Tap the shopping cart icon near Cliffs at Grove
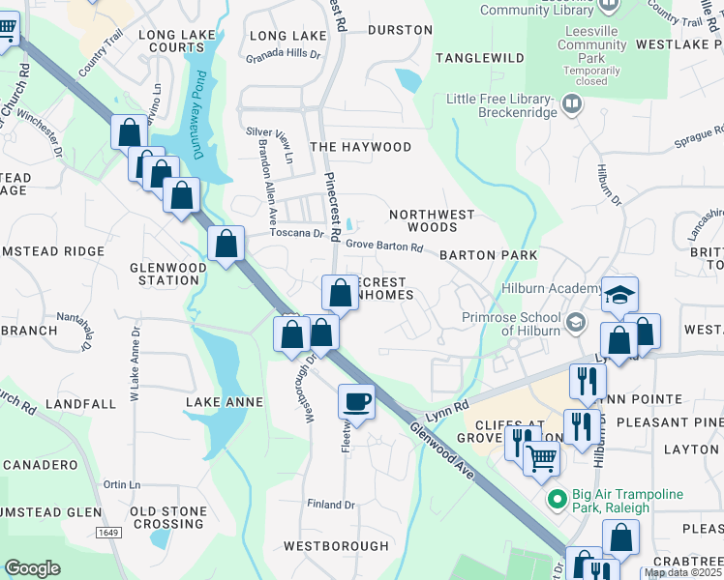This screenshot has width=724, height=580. coord(541,457)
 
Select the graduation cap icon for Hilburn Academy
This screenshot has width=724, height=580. coord(619,294)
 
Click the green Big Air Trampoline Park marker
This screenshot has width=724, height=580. coord(556,500)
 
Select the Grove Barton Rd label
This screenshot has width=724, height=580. coord(384,247)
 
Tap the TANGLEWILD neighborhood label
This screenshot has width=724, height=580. coord(479,58)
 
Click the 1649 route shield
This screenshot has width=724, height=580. coord(108,532)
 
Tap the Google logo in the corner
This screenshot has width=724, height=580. coord(33,568)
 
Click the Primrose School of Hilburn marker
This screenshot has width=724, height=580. coord(577,321)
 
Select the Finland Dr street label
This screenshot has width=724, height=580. coord(332,505)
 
